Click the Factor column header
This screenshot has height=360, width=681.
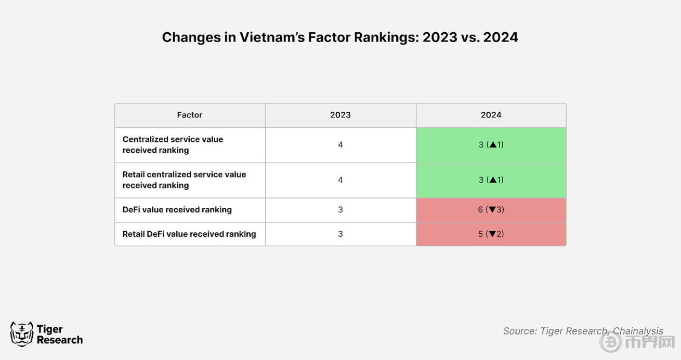point(190,115)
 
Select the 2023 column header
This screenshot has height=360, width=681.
point(340,115)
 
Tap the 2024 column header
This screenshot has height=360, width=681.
point(491,115)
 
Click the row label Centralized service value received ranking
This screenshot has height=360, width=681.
point(173,145)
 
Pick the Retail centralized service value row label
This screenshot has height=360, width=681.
point(184,180)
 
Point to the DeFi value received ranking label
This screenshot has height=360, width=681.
point(177,210)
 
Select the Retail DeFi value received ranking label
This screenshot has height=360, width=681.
point(189,234)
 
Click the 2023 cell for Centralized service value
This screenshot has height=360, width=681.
point(340,145)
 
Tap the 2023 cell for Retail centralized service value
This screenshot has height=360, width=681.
point(340,180)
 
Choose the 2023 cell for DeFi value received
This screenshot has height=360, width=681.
point(340,210)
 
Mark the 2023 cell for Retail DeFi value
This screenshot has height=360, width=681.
point(340,234)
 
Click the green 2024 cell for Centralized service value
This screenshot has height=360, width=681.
point(491,145)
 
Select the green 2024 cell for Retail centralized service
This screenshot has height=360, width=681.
point(491,180)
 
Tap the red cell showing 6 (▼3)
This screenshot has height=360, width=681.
point(491,210)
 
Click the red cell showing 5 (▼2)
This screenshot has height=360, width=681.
point(491,234)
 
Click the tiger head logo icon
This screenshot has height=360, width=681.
point(21,334)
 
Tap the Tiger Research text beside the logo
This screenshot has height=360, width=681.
point(59,335)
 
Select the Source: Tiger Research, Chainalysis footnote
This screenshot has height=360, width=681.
point(582,331)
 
